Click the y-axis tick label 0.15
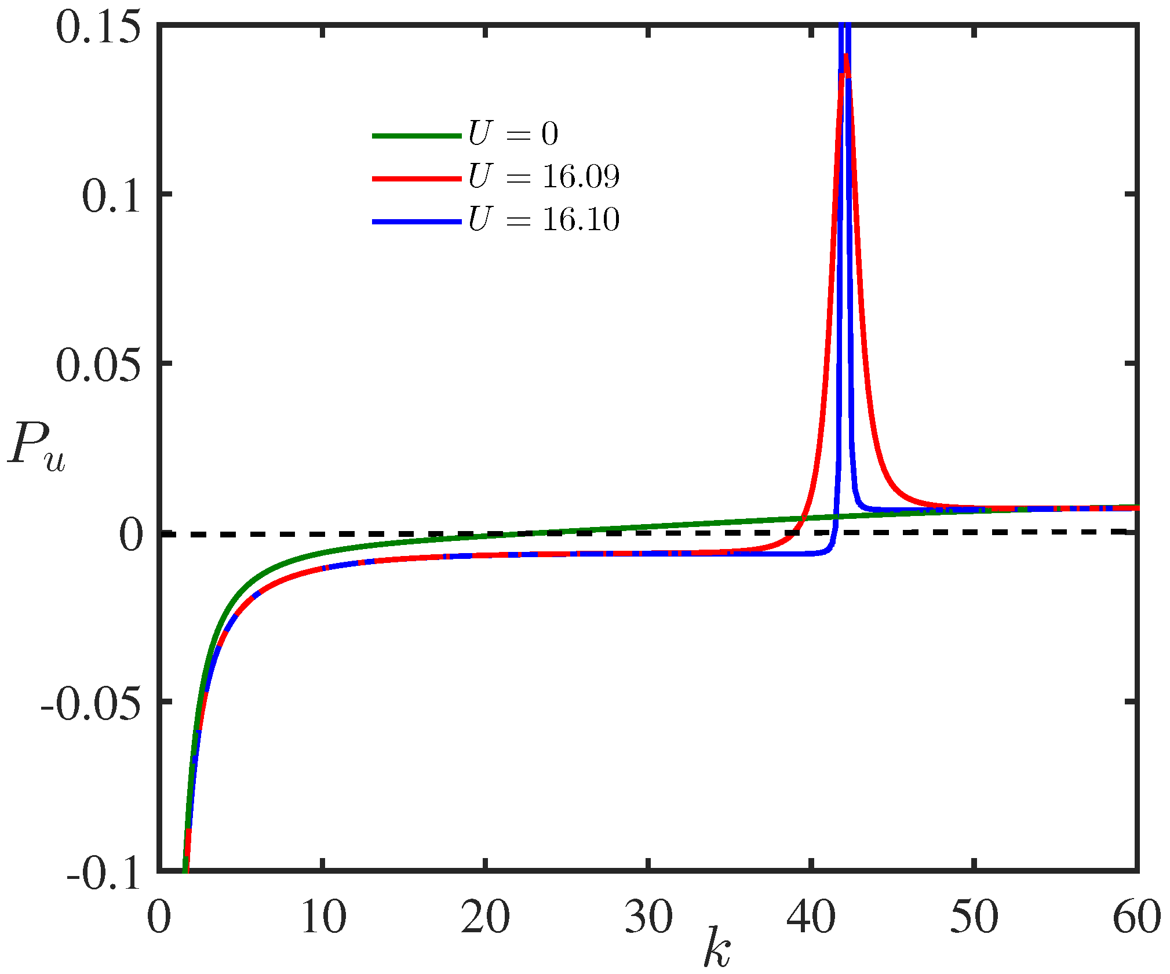99,28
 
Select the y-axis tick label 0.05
99,366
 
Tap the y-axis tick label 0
130,535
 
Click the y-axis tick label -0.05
91,705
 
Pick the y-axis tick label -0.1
104,873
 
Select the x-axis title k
717,948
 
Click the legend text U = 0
513,134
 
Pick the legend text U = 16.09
544,176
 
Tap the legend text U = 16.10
544,219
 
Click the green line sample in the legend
417,136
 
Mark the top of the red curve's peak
846,55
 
